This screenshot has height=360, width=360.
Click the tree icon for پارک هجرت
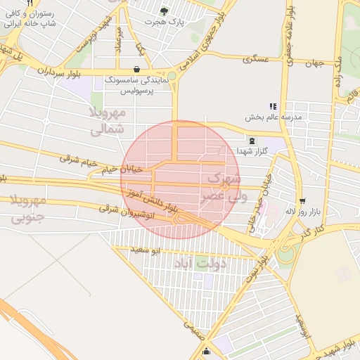coord(165,11)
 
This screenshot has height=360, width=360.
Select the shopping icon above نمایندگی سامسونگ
coord(135,70)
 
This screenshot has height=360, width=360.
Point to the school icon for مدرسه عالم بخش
coord(274,106)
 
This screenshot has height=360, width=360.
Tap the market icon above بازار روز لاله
coord(302,200)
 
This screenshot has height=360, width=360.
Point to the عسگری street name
coord(257,60)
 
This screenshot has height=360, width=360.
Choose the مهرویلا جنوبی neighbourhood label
coord(29,209)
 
